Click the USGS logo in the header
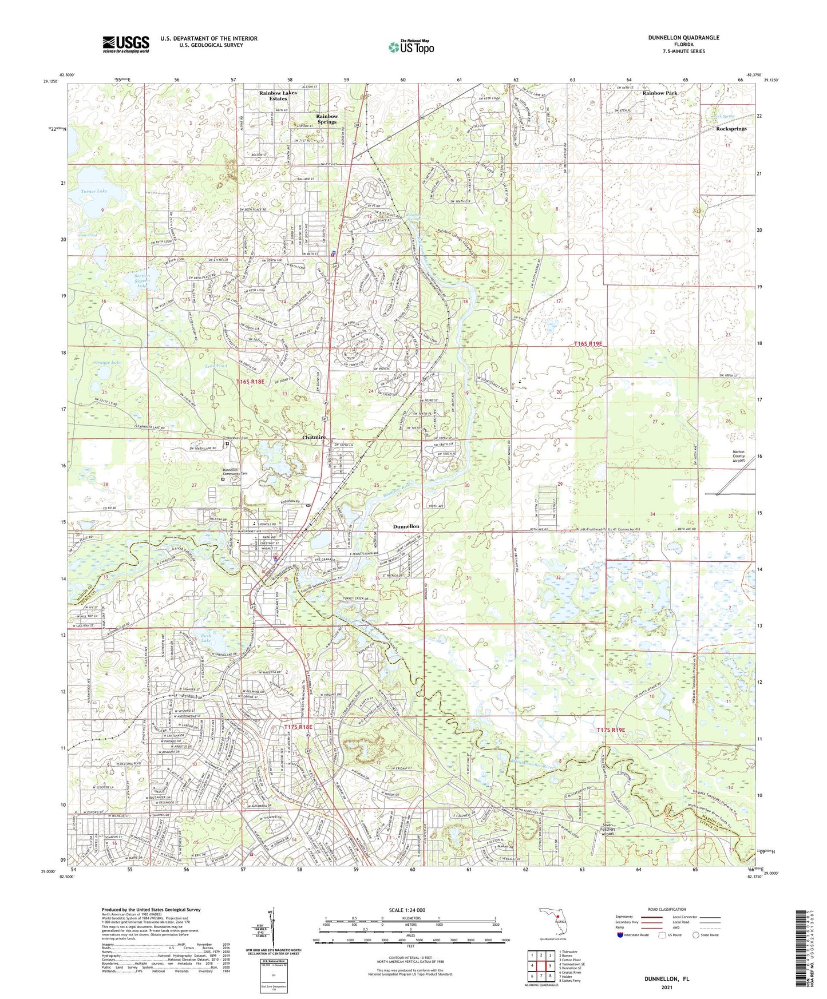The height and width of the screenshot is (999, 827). (x=125, y=44)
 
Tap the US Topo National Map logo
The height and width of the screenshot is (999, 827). (x=411, y=47)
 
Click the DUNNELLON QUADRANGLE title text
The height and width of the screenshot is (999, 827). (x=683, y=38)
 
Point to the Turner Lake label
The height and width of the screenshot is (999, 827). (x=94, y=191)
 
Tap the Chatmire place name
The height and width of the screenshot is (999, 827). (x=314, y=437)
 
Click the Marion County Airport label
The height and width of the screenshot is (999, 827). (x=738, y=455)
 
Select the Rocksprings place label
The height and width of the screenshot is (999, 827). (x=731, y=129)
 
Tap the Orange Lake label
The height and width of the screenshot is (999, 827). (x=108, y=363)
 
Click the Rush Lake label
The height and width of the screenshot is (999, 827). (x=205, y=638)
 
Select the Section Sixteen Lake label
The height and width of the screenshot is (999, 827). (x=139, y=280)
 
